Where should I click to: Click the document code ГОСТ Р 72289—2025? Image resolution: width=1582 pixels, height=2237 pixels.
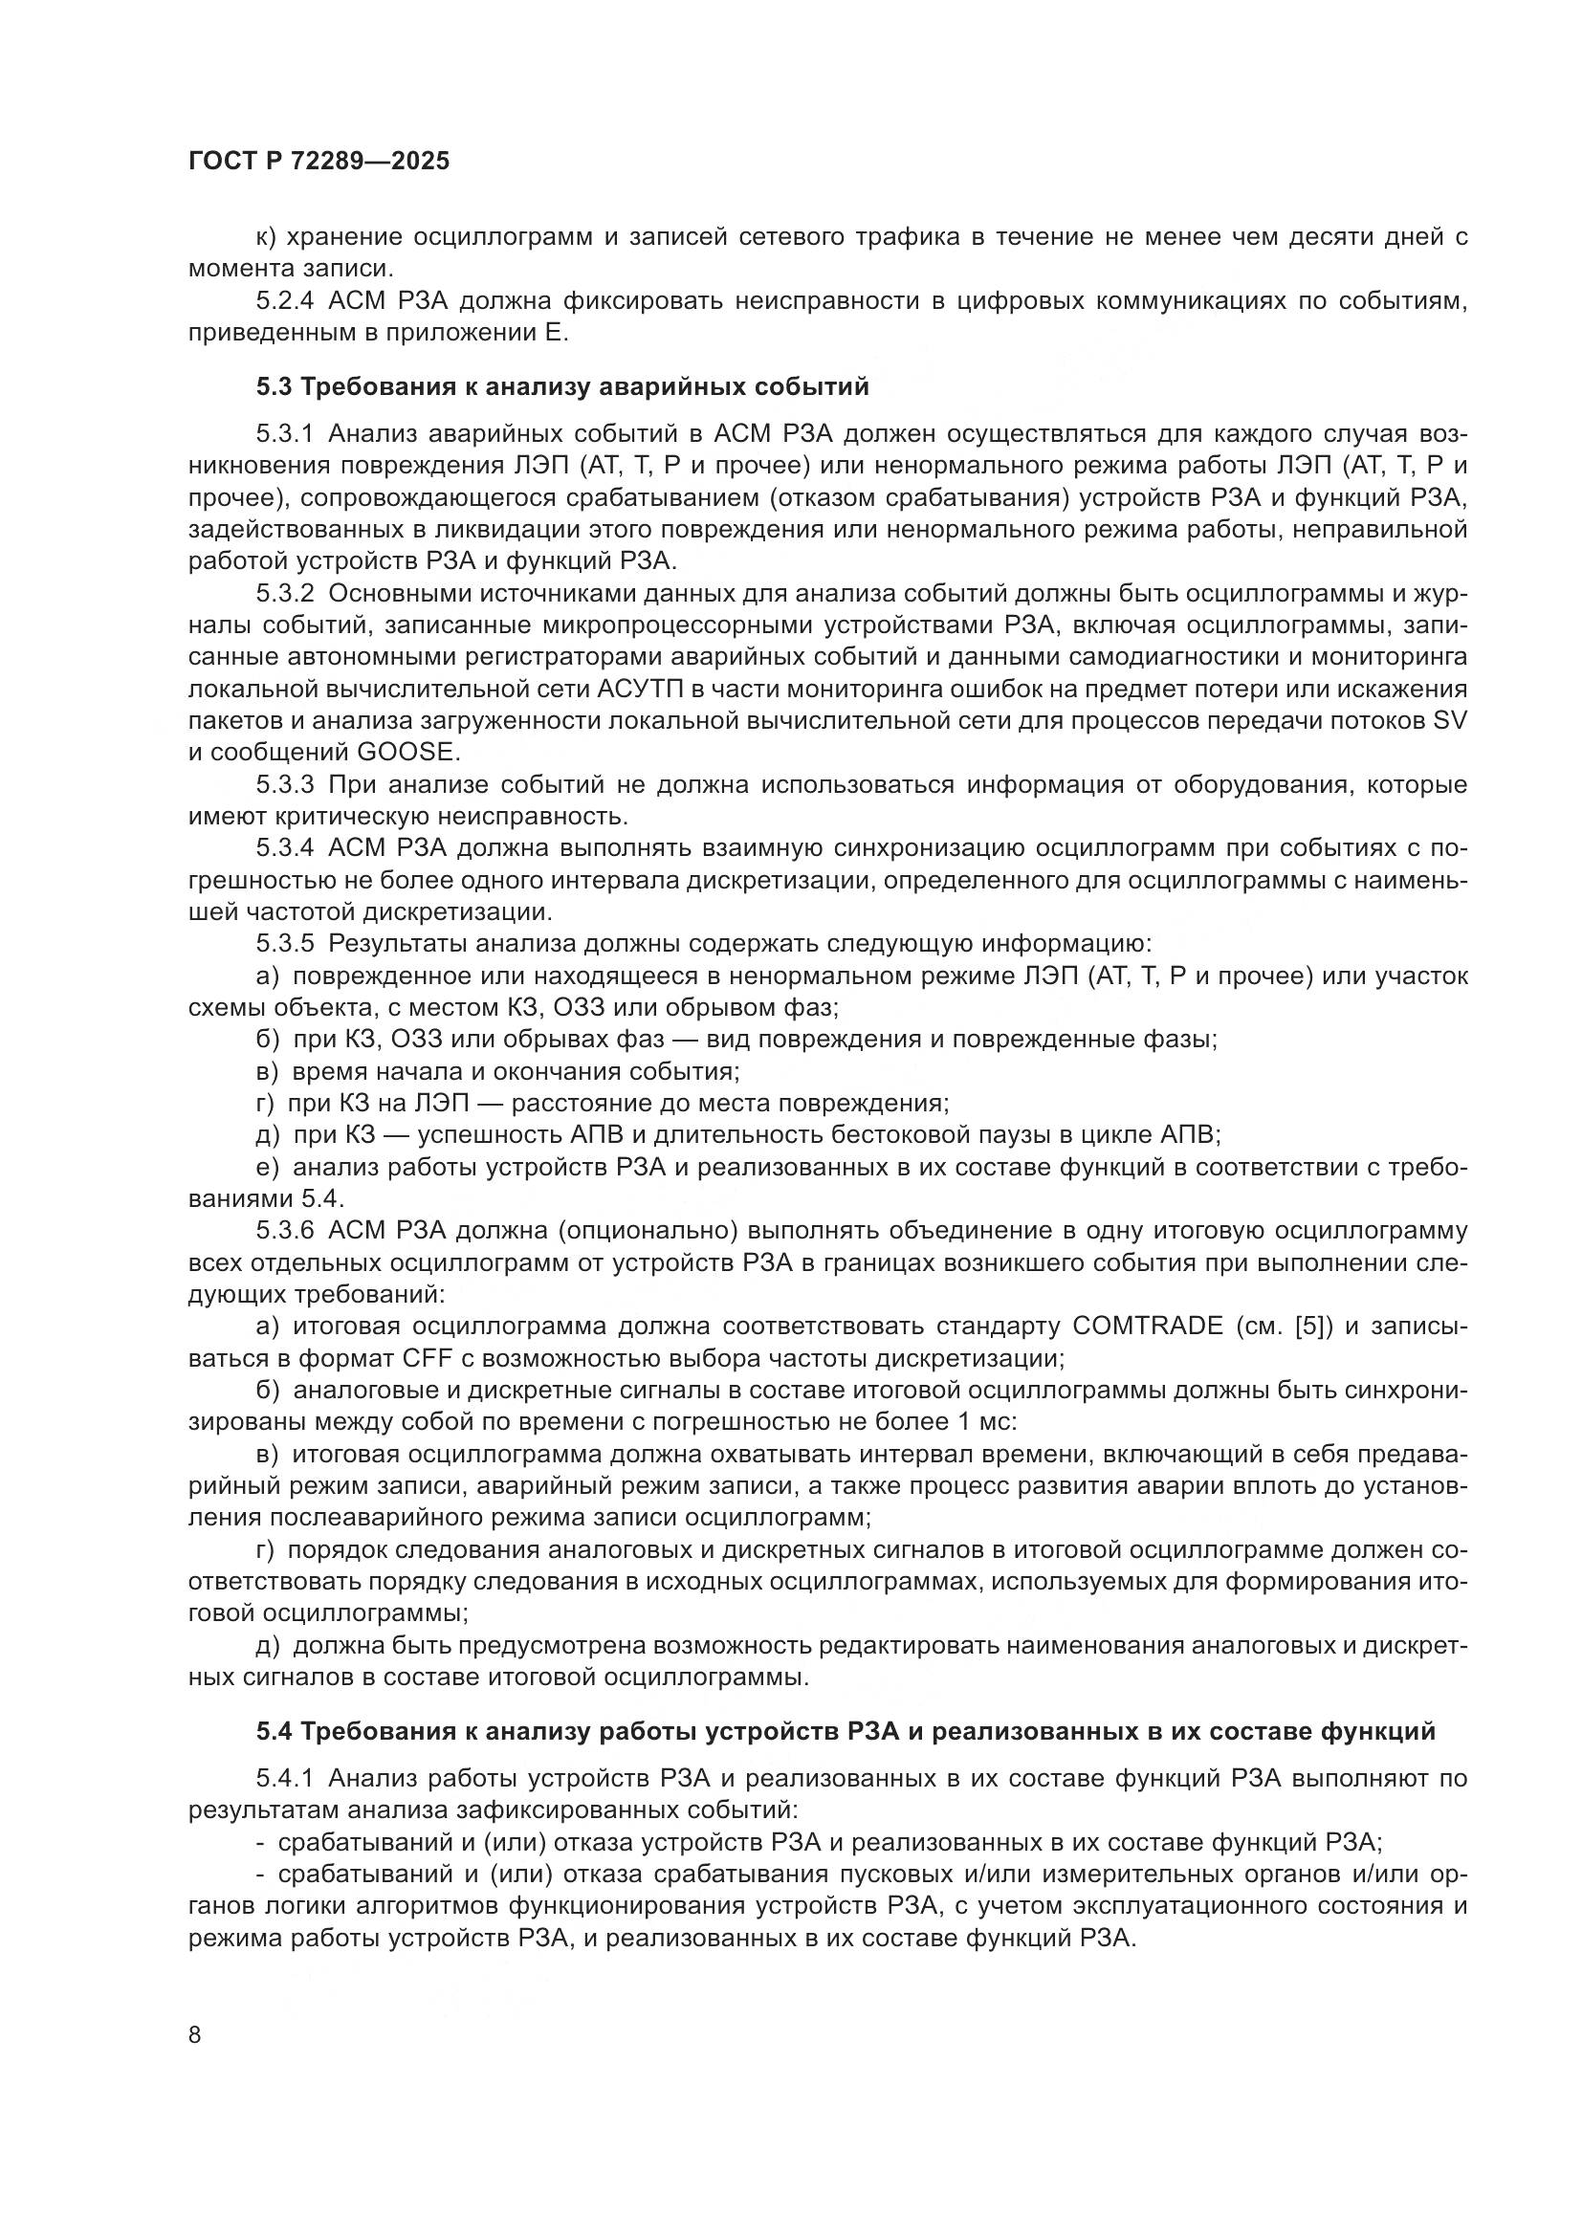[319, 162]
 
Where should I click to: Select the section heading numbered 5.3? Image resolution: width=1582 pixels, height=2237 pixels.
[562, 386]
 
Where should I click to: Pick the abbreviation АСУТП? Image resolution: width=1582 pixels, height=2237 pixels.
[636, 689]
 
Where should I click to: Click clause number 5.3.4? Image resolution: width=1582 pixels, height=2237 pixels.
[285, 848]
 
